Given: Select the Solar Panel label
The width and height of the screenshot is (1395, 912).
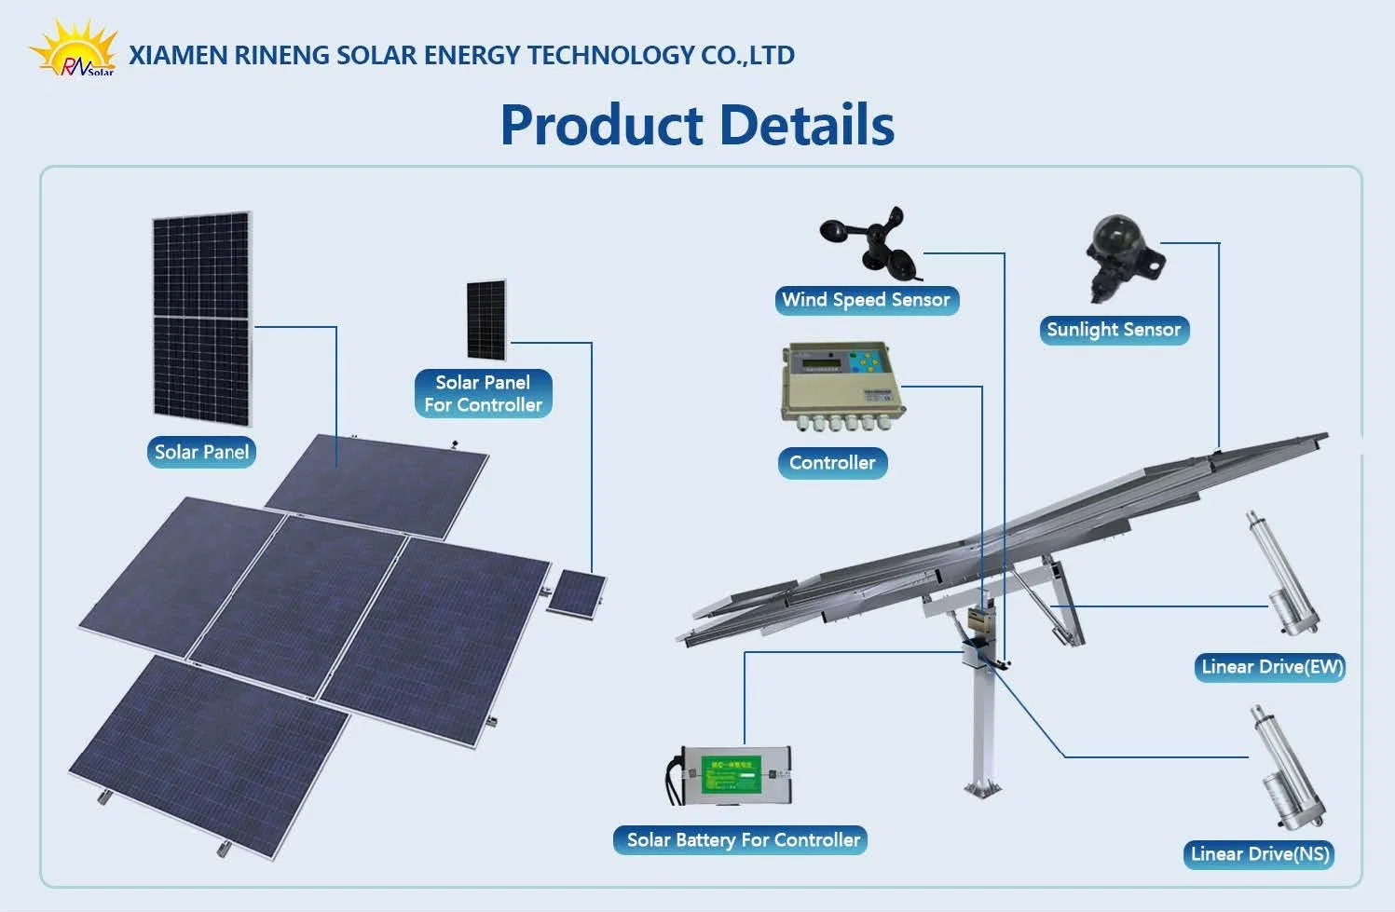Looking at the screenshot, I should click(x=201, y=452).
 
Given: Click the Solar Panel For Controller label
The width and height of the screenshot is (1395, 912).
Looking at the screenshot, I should click(x=483, y=393).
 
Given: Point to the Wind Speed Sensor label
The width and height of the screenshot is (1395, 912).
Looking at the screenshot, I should click(x=866, y=300).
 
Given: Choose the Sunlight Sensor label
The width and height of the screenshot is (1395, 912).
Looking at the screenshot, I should click(x=1114, y=330).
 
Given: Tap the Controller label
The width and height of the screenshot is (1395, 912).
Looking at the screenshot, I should click(x=832, y=463).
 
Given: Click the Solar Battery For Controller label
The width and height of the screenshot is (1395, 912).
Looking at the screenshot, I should click(x=743, y=840).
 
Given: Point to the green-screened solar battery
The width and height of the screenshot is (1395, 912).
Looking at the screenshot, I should click(x=732, y=775).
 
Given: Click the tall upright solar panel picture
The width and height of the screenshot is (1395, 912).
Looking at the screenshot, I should click(x=202, y=318).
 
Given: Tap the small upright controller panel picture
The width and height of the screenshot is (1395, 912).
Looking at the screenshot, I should click(x=486, y=320).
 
